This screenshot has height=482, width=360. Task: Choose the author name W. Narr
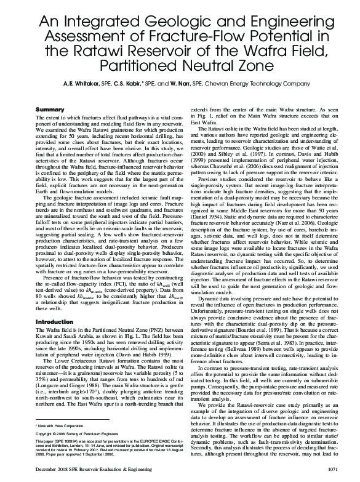pyautogui.click(x=193, y=83)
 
